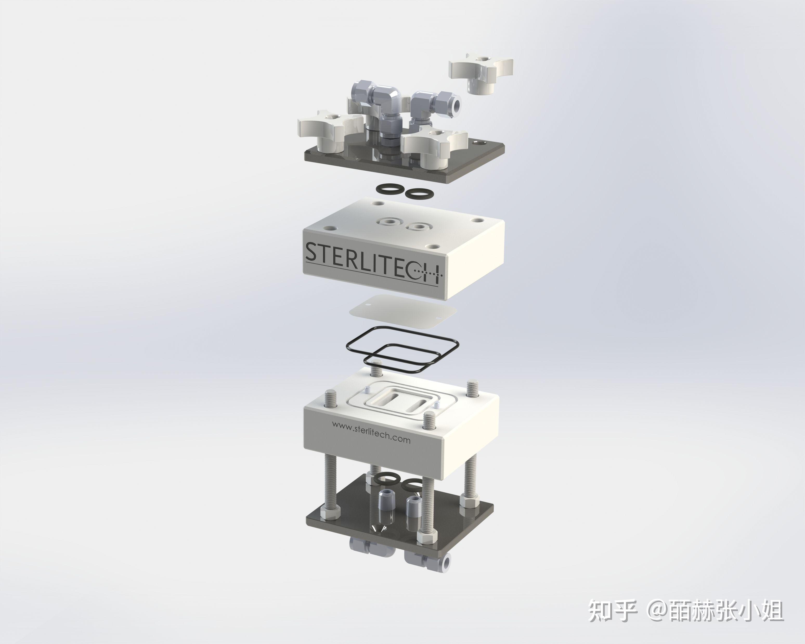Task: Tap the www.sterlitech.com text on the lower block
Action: tap(371, 433)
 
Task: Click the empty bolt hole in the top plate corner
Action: tap(479, 143)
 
